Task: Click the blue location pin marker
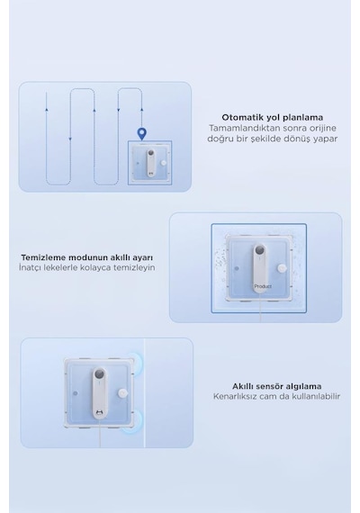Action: [141, 134]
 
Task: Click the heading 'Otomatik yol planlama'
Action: [273, 117]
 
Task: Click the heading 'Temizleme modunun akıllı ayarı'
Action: [86, 257]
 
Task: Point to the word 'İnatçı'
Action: [30, 267]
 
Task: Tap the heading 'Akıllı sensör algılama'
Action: [277, 386]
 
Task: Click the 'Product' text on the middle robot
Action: [263, 286]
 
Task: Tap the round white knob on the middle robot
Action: [282, 268]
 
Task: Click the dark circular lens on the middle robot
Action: [260, 251]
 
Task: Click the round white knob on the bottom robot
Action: [122, 393]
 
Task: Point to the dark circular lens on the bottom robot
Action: [100, 374]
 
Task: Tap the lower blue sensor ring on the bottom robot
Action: [138, 422]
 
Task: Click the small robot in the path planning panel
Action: [150, 163]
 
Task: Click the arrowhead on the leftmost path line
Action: [47, 109]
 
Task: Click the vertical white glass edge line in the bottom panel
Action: [144, 392]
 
